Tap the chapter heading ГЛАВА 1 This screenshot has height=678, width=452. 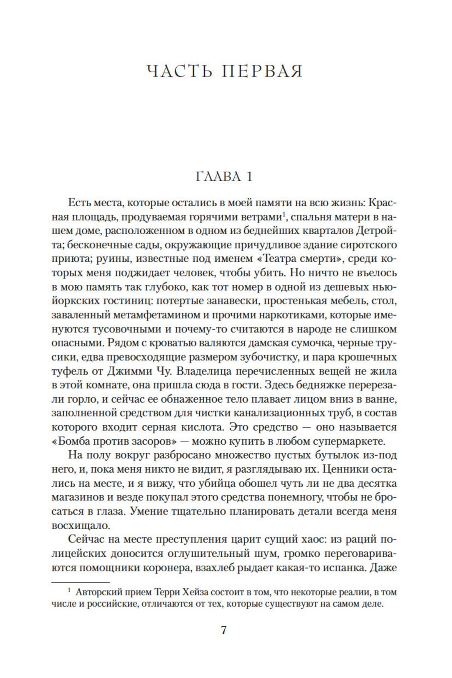(x=224, y=176)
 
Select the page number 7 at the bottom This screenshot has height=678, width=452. (x=224, y=641)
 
